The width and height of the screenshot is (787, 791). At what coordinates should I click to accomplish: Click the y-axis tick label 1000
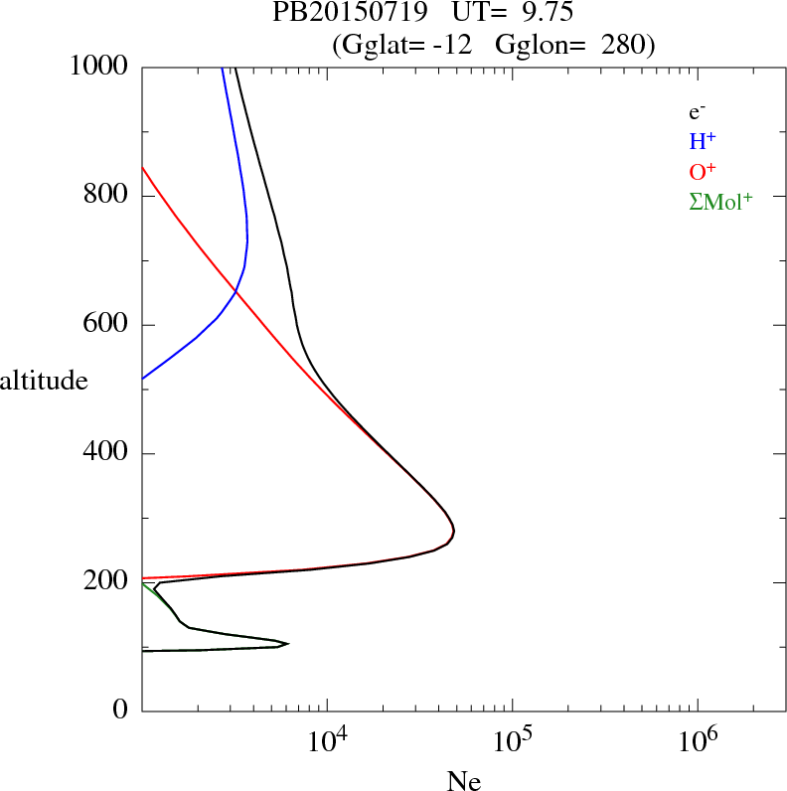click(100, 67)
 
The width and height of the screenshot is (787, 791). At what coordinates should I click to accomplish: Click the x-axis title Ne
click(464, 781)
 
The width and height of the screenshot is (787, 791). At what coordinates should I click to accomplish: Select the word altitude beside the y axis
click(44, 381)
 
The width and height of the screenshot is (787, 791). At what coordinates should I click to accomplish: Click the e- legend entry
click(697, 112)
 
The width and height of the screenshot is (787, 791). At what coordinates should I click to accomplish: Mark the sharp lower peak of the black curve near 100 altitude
click(287, 643)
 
